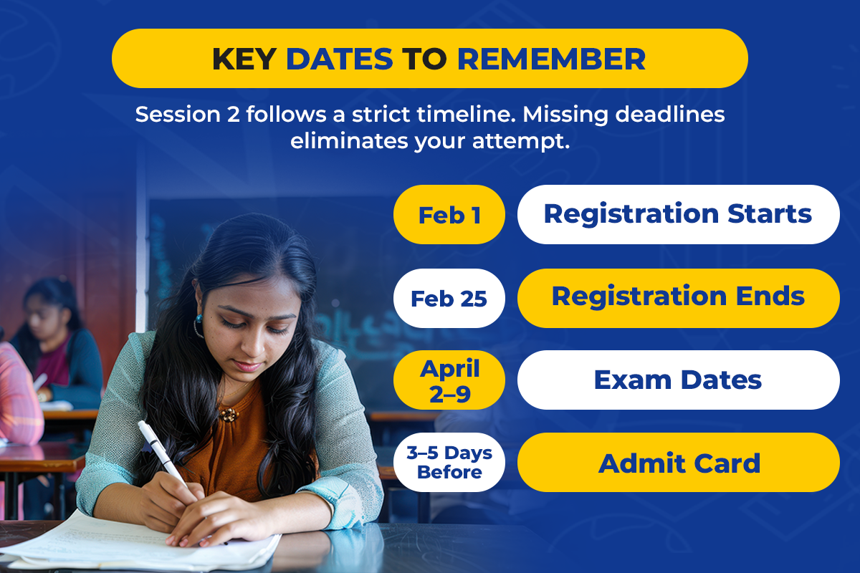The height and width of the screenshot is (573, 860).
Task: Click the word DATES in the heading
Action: click(x=340, y=59)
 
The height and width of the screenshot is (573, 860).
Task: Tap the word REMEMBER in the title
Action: click(x=551, y=59)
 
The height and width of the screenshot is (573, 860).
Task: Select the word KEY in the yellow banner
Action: click(x=244, y=59)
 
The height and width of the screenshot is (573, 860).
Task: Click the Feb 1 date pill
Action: click(x=449, y=215)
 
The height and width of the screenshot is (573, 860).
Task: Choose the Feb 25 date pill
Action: click(x=449, y=298)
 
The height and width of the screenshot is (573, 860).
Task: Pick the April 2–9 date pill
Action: click(x=449, y=380)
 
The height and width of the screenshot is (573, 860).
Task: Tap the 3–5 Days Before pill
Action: click(x=449, y=462)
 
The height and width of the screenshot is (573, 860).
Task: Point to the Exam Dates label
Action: click(x=679, y=380)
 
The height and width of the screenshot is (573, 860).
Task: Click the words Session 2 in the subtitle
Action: click(x=187, y=115)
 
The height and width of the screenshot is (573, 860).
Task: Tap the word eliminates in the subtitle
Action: click(x=349, y=141)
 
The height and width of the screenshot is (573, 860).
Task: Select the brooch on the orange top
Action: click(x=229, y=415)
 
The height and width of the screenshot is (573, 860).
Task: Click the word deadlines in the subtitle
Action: click(x=670, y=115)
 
